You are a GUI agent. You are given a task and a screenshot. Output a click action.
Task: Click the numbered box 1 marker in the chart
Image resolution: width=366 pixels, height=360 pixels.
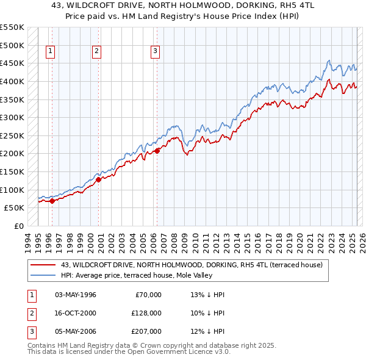49,52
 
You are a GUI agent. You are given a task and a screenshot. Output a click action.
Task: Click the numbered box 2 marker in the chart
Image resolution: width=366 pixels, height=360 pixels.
96,52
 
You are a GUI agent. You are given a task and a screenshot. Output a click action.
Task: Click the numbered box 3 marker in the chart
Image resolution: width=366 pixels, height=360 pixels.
155,52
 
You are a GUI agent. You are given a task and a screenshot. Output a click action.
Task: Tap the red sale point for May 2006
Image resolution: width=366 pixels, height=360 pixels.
157,151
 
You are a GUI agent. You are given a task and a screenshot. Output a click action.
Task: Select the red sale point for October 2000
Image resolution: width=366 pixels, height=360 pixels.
98,179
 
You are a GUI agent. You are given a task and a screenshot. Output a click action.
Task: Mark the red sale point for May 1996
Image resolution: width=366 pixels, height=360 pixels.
52,200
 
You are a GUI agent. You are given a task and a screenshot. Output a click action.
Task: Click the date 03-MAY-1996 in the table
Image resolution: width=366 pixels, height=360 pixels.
76,295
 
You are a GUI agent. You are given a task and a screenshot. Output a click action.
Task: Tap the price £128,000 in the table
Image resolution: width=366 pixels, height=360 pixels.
146,313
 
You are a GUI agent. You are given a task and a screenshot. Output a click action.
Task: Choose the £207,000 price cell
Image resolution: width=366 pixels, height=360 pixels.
146,331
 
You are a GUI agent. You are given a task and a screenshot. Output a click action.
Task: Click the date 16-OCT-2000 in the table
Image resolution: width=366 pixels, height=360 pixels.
76,313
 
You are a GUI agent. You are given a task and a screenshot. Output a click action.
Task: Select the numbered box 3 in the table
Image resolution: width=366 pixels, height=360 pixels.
30,331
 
